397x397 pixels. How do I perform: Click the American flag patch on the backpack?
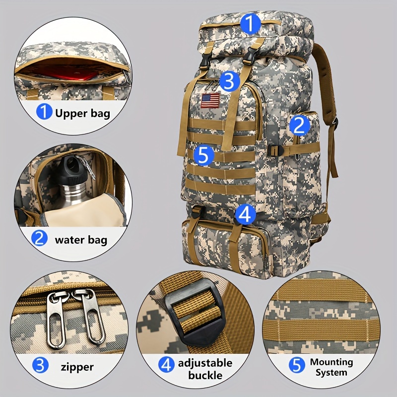[210, 101]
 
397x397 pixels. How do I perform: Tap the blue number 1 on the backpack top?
[250, 23]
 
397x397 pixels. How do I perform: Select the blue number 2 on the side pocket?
[299, 125]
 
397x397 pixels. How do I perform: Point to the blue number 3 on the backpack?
[229, 81]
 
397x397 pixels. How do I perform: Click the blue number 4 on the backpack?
[245, 214]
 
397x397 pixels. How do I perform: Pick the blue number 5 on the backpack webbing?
[204, 155]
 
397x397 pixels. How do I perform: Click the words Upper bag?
[82, 113]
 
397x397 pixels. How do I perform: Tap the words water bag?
[81, 240]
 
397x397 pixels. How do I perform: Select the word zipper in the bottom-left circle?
[77, 367]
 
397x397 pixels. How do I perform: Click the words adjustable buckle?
[205, 369]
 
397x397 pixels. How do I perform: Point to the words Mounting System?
[331, 367]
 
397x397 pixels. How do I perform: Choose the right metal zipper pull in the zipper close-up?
[90, 317]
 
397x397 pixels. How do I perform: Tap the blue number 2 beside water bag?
[40, 238]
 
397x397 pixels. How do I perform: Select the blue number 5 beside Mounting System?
[297, 365]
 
